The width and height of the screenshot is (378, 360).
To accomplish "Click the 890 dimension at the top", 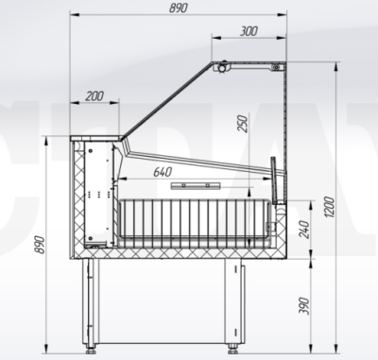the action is tap(179, 8).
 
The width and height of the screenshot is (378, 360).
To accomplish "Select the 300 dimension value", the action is tap(249, 31).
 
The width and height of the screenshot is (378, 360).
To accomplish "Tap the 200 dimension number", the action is tap(94, 96).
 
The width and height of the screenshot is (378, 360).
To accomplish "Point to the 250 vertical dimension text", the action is tap(243, 124).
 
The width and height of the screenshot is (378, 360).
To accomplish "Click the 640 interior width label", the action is tap(163, 172).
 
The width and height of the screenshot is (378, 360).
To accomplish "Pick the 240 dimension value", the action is tap(304, 230).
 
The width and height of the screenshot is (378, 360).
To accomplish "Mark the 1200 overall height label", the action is tap(329, 207).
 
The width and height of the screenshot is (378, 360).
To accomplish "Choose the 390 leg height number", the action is tap(304, 305).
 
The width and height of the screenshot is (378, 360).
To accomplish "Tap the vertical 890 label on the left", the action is tap(40, 245).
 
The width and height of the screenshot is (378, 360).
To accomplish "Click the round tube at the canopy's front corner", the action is tap(223, 67).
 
